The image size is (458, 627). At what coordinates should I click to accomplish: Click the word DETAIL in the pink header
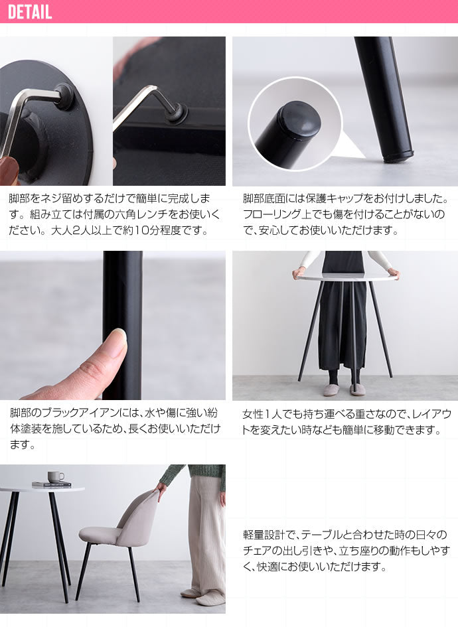coord(30,11)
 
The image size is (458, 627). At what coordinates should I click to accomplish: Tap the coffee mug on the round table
coord(56,476)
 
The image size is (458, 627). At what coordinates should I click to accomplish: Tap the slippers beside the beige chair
coord(203,596)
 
